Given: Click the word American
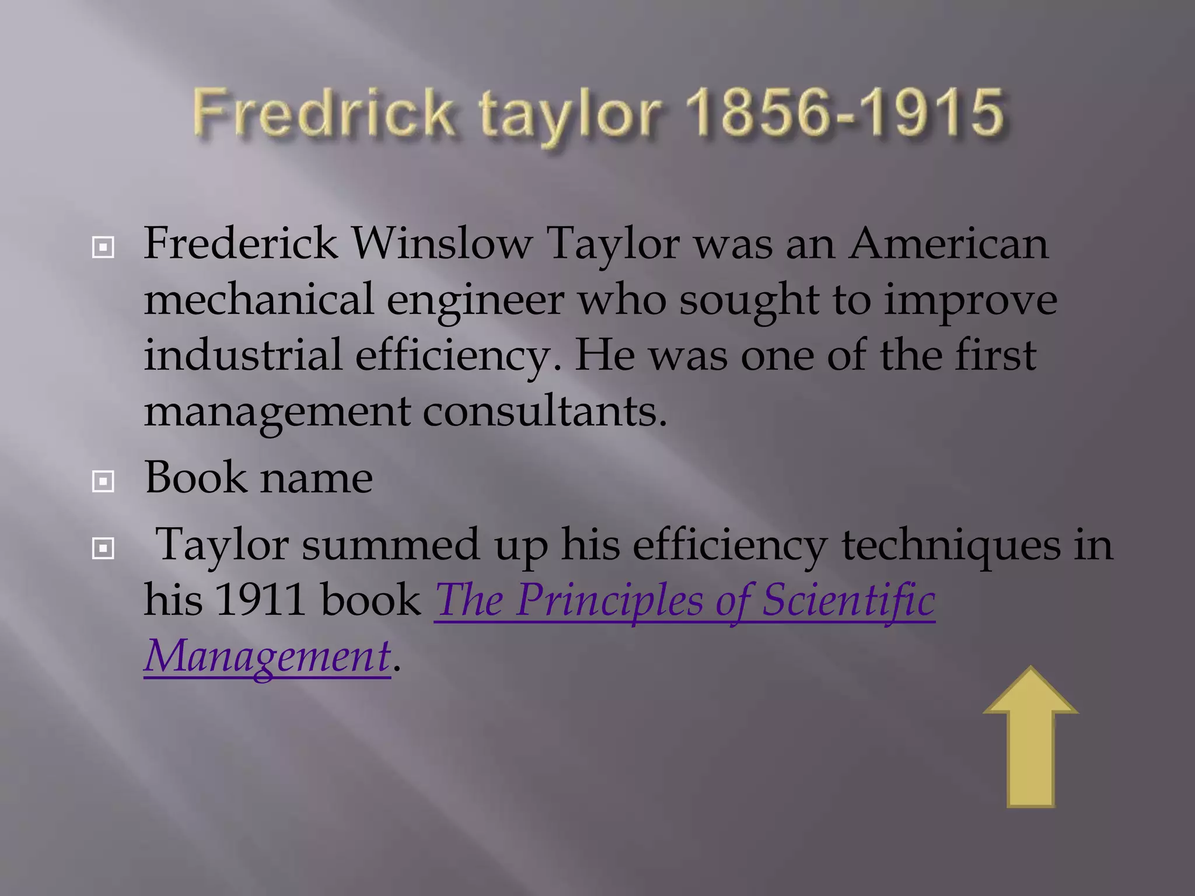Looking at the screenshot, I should tap(949, 244).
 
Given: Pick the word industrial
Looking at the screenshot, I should tap(243, 356).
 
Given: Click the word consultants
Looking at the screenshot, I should tap(544, 412).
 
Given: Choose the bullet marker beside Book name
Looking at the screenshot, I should tap(103, 482).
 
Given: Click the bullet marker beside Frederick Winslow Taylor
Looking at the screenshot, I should tap(103, 248).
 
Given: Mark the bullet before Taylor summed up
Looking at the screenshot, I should tap(103, 548).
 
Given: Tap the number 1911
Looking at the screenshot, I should tap(260, 600).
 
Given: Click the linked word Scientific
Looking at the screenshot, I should tap(849, 600).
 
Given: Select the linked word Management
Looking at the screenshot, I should tap(267, 657).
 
